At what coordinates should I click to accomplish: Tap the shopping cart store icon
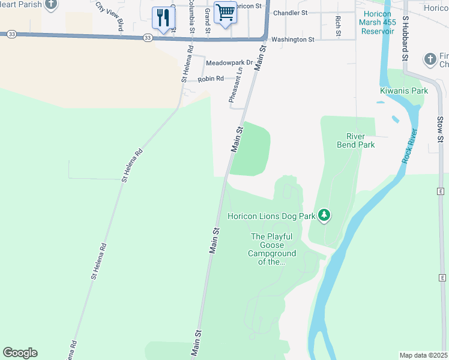coord(225,12)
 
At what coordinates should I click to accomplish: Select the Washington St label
coord(292,40)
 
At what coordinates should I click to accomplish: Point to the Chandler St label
coord(290,13)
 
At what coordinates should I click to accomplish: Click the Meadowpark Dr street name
coord(229,62)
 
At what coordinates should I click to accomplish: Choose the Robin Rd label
coord(211,79)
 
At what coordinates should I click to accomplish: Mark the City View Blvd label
coord(110,16)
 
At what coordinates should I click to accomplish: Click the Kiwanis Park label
coord(404,91)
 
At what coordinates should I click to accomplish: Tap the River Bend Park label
coord(360,140)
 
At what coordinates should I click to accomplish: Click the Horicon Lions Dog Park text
coord(271,216)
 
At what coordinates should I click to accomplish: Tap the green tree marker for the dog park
coord(324,215)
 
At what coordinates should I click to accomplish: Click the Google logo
coord(20,353)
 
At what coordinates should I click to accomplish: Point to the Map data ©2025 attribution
coord(423,355)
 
